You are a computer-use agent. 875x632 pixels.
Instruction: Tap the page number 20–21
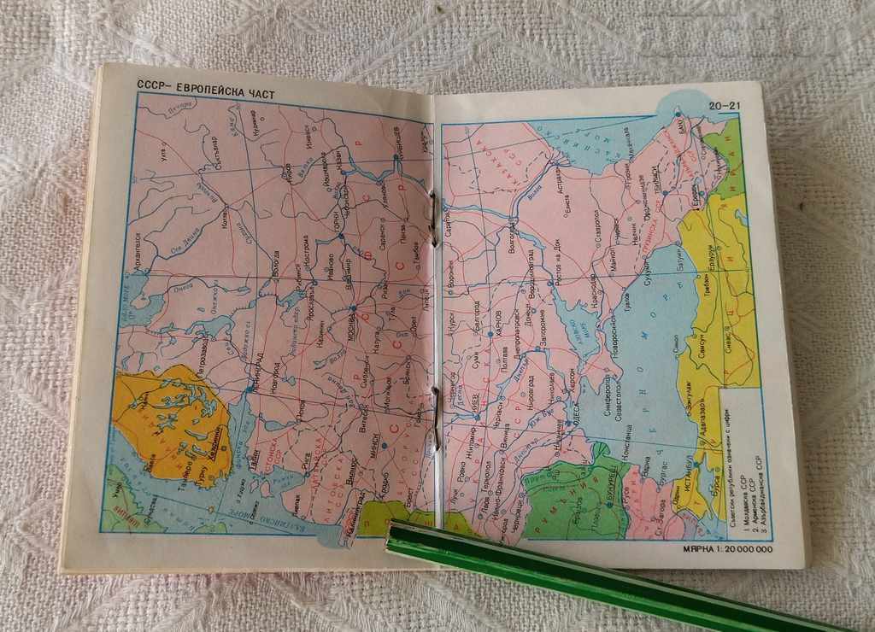click(724, 106)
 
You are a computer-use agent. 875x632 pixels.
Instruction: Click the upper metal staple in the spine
click(434, 219)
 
